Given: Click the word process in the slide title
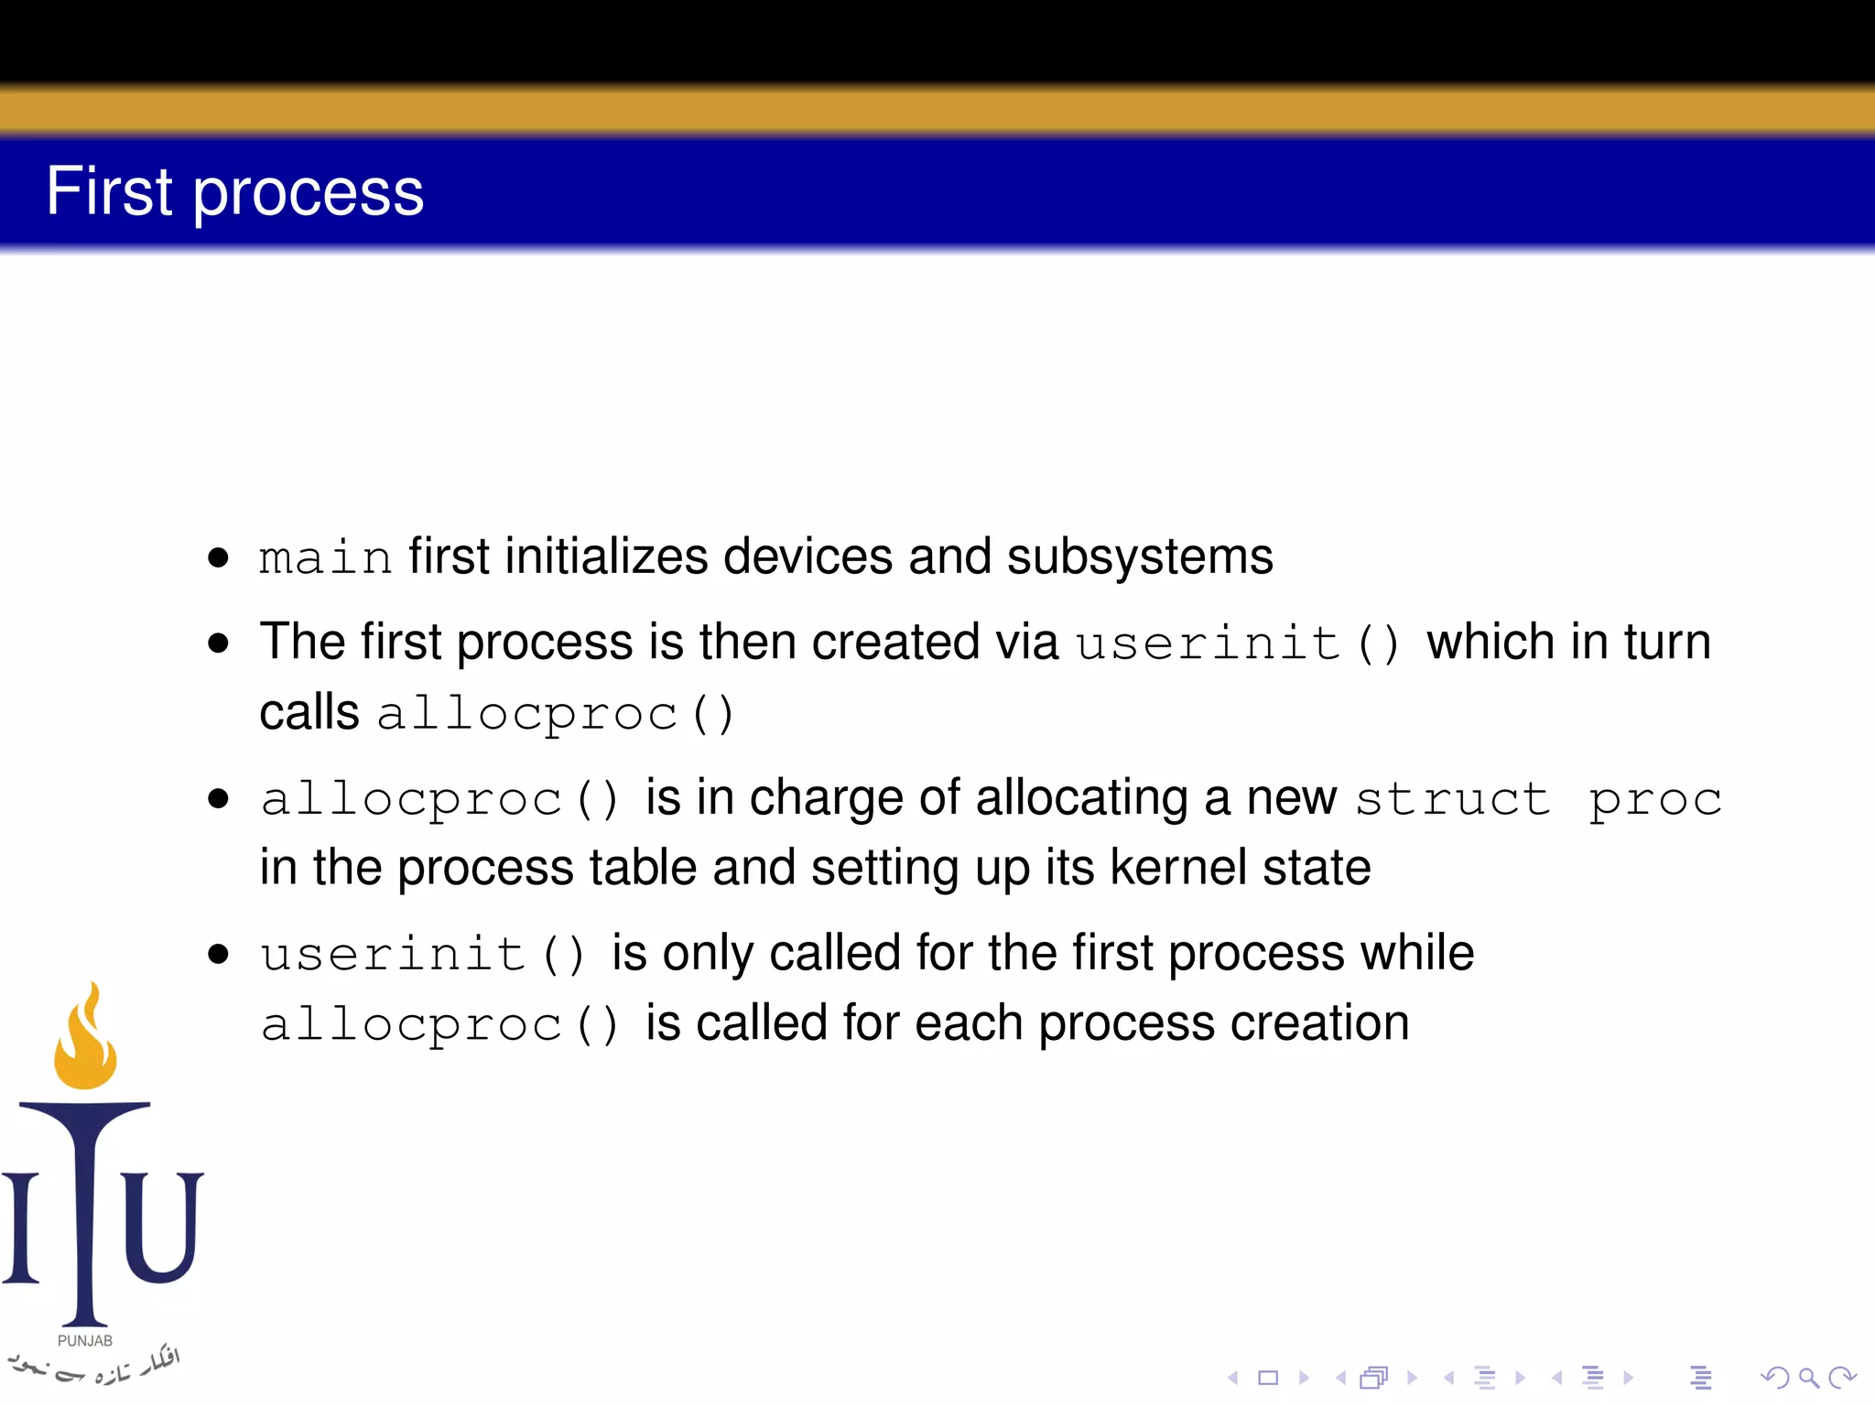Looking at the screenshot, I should click(309, 194).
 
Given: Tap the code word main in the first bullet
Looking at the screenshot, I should click(325, 557).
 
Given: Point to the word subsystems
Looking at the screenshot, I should click(1139, 557).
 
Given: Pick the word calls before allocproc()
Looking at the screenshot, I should click(309, 712).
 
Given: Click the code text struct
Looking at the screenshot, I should click(1452, 798).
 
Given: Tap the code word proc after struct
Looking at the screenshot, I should click(1655, 800).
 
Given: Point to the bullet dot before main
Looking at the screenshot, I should click(218, 557).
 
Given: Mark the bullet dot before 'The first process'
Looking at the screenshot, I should click(218, 643).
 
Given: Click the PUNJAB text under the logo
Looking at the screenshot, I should click(85, 1341).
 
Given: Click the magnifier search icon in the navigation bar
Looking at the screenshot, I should click(1808, 1377).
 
